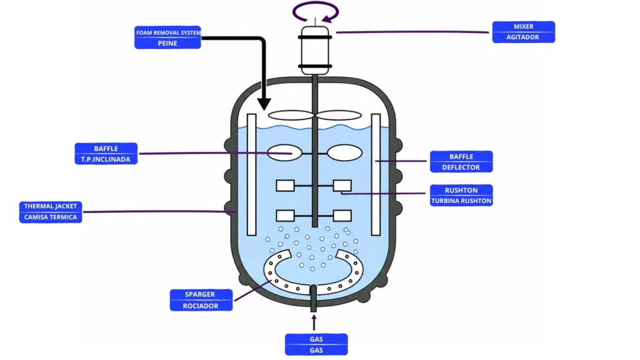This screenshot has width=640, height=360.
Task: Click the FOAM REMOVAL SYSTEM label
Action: click(167, 32)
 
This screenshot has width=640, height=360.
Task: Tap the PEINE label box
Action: click(167, 43)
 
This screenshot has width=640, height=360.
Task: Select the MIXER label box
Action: click(523, 27)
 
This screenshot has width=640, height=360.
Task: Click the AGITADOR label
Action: click(523, 37)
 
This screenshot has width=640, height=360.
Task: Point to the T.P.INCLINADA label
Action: click(106, 159)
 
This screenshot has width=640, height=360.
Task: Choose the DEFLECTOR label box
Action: click(461, 167)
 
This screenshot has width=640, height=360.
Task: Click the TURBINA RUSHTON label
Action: click(461, 201)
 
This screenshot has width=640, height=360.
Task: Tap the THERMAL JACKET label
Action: click(51, 206)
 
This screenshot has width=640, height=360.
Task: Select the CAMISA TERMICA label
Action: click(51, 217)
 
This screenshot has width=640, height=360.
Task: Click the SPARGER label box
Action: click(201, 294)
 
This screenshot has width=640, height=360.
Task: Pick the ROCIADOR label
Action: click(201, 306)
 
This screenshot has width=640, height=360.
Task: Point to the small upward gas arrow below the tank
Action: click(314, 322)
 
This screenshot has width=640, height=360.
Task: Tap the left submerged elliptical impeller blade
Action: click(285, 152)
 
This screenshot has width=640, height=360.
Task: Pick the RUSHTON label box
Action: click(461, 190)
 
